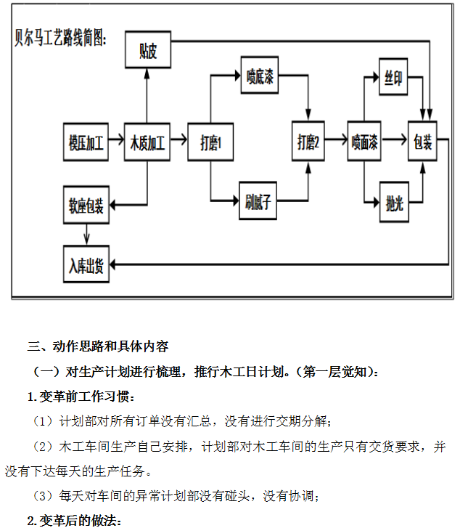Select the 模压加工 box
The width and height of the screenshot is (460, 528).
[86, 142]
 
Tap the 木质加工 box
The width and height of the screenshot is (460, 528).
[147, 142]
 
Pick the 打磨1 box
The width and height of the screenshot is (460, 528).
[210, 142]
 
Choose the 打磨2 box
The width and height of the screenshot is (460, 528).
[308, 142]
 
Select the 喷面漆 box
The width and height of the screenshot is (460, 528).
[364, 142]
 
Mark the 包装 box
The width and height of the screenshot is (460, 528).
[423, 142]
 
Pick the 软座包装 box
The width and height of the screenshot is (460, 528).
[86, 206]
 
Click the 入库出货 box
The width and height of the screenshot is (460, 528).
[86, 267]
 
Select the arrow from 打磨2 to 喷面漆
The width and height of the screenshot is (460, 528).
[337, 142]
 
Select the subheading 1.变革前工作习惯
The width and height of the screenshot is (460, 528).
[81, 397]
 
